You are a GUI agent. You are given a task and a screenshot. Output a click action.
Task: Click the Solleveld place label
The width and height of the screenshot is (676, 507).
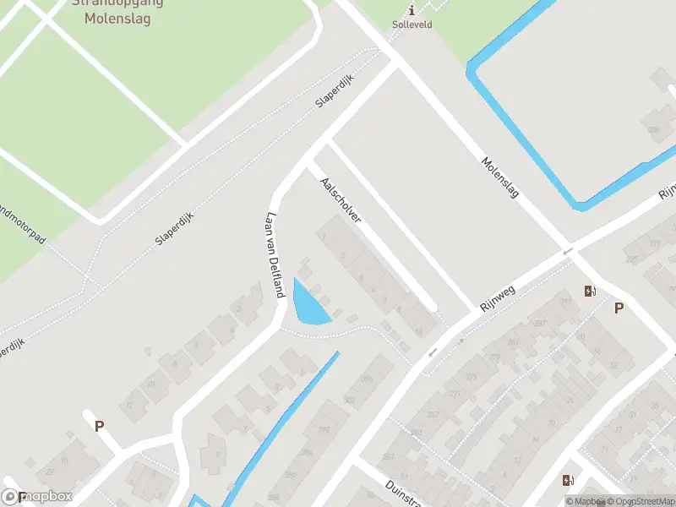tap(412, 25)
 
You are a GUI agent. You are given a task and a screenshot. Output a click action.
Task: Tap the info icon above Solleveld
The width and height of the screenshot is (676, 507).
tap(412, 10)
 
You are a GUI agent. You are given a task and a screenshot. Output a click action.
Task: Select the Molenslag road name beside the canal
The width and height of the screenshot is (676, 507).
tap(499, 178)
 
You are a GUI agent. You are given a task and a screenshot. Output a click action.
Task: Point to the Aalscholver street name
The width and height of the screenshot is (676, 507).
tap(341, 199)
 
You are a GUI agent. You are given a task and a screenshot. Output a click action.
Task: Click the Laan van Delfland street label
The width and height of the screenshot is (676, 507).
tap(274, 254)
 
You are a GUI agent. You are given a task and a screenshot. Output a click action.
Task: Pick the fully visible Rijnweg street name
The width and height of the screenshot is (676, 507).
tap(498, 299)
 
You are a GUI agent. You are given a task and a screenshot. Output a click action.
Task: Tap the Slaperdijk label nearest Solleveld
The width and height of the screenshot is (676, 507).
tap(334, 91)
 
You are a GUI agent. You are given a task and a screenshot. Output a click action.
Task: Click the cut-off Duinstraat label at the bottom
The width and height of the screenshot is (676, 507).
tap(401, 495)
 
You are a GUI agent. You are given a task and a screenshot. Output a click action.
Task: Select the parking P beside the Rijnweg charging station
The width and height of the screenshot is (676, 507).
tap(619, 308)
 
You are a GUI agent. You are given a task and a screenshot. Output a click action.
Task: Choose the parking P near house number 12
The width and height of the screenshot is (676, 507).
tap(99, 426)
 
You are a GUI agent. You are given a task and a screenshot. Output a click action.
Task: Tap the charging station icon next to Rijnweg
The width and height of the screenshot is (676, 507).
tap(589, 292)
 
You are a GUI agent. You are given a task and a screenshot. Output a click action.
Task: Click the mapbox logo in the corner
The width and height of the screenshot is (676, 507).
tap(38, 496)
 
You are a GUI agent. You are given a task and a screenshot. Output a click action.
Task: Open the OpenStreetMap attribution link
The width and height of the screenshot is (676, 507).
tap(639, 501)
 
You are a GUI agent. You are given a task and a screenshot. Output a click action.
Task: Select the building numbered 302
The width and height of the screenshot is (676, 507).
tap(349, 400)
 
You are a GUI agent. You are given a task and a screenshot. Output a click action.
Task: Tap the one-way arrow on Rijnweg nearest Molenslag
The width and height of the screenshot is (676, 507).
tap(569, 250)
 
